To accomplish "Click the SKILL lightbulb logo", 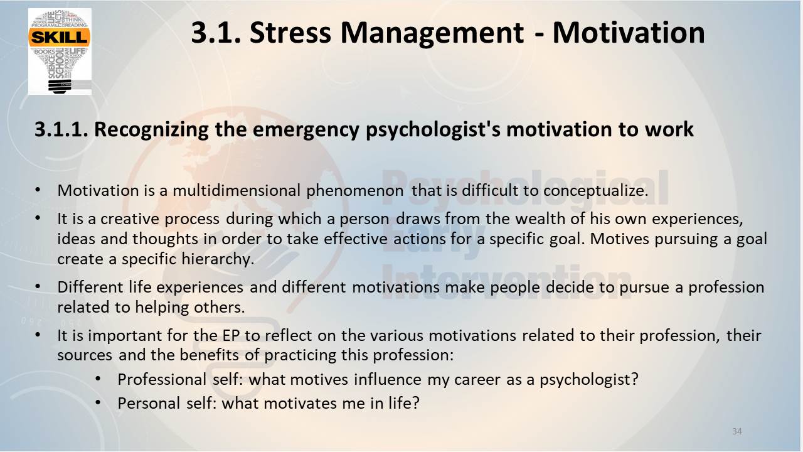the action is pyautogui.click(x=60, y=51).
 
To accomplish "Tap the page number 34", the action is pyautogui.click(x=737, y=431).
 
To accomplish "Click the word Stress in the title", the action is pyautogui.click(x=290, y=33).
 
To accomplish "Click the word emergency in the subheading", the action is pyautogui.click(x=306, y=130).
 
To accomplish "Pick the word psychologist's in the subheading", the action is pyautogui.click(x=433, y=130).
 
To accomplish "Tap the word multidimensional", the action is pyautogui.click(x=237, y=190).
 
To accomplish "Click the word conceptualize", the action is pyautogui.click(x=596, y=191).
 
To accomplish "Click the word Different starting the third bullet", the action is pyautogui.click(x=90, y=287).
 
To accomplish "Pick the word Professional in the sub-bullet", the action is pyautogui.click(x=162, y=380).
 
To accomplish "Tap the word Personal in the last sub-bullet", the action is pyautogui.click(x=149, y=403).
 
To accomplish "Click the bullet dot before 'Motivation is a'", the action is pyautogui.click(x=38, y=190).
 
